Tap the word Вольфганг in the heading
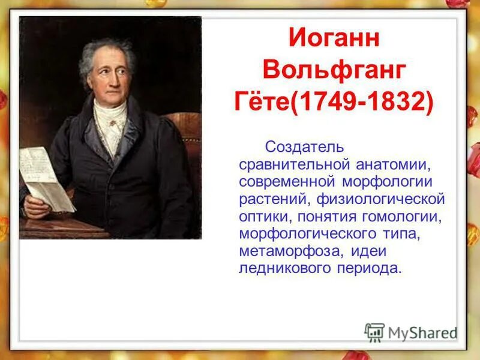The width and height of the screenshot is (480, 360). (x=334, y=71)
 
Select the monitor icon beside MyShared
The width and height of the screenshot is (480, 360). (x=374, y=332)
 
